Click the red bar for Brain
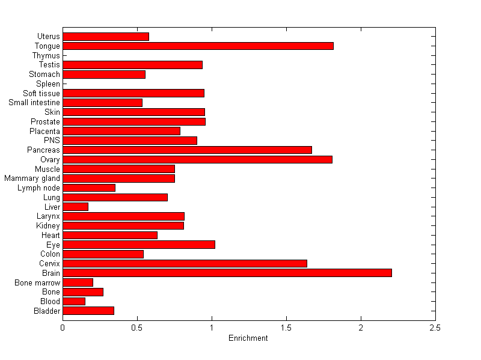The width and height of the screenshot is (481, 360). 227,273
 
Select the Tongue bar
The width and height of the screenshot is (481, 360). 198,46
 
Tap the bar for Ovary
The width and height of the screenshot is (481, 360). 197,159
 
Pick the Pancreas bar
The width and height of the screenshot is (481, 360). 187,150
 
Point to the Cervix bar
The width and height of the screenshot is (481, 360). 185,263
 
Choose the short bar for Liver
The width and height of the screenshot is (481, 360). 75,207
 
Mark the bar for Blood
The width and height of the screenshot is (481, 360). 74,301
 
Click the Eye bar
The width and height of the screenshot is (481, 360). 139,245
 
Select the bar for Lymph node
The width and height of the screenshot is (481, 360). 89,188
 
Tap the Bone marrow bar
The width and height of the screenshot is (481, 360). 78,282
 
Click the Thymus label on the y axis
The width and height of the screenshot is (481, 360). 46,56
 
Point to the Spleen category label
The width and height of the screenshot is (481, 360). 48,84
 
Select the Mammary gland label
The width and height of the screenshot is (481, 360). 32,178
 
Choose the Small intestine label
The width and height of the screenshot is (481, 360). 34,103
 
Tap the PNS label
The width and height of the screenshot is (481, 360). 52,141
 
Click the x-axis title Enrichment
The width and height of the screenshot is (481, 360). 248,338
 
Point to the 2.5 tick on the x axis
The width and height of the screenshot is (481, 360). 435,328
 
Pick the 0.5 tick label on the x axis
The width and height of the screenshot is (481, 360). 137,328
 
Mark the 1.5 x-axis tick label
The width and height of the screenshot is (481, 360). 286,328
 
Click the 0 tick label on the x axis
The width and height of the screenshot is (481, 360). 63,328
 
